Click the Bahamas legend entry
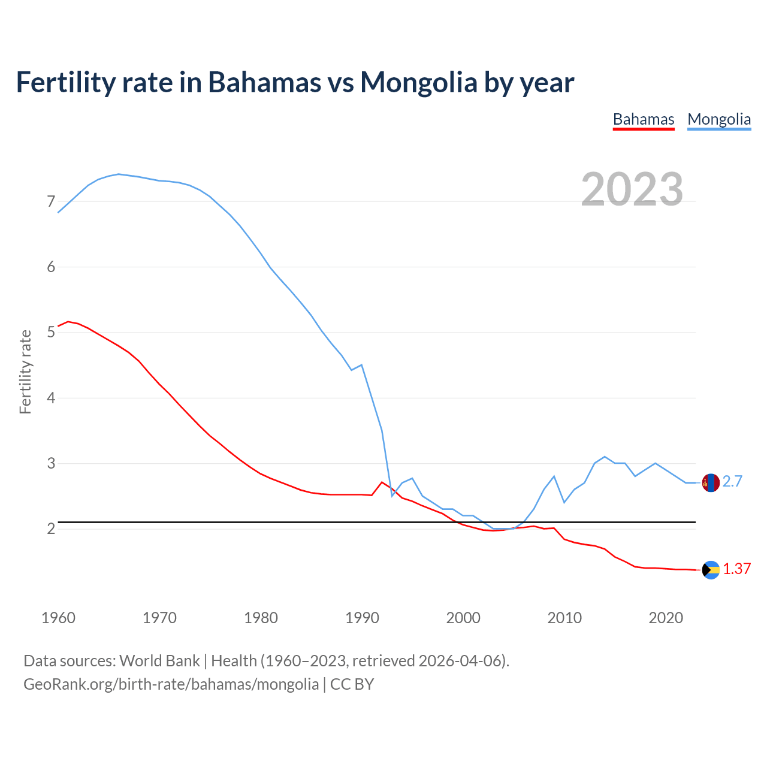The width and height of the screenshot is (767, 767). point(643,119)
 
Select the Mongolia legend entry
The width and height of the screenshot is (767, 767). point(718,119)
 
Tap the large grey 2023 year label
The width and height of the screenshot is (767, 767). point(632,189)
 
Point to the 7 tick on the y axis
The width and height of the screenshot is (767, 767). point(51,201)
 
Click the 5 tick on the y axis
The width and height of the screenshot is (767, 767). point(51,332)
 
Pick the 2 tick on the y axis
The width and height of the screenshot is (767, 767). point(51,529)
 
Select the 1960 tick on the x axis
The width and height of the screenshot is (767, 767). point(58,618)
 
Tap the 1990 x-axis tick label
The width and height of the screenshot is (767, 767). point(362,618)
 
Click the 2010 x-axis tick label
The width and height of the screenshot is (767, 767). point(564,618)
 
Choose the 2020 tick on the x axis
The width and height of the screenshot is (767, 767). point(666,618)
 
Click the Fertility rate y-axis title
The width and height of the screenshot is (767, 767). point(25,372)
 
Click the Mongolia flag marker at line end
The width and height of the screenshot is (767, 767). point(711,482)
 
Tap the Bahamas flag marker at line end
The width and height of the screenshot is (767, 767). point(711,570)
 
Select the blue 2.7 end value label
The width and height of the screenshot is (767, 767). point(732,482)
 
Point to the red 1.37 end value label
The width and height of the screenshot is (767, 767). point(736,569)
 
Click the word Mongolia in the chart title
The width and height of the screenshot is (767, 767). point(418,82)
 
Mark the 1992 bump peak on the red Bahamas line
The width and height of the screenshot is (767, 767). point(382,482)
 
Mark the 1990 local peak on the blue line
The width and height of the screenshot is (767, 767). point(361,364)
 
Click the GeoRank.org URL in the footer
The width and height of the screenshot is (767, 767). point(171,684)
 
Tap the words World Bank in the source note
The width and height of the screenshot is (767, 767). point(159,661)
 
